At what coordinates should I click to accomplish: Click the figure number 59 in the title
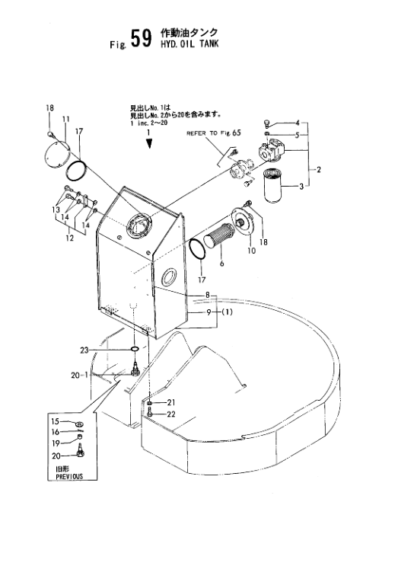(141, 39)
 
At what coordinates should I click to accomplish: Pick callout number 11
(65, 119)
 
